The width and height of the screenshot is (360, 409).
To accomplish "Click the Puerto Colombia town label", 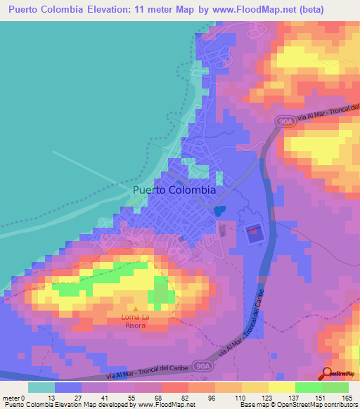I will pos(174,190).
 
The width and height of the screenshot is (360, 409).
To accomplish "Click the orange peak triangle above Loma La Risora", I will pos(136,308).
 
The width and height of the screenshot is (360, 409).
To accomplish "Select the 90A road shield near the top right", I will pos(281,122).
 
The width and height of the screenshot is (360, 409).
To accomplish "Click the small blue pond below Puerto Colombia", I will pos(219,209).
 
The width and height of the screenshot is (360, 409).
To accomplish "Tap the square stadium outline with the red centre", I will pos(252,232).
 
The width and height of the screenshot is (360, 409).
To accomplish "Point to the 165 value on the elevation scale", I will pos(345,398).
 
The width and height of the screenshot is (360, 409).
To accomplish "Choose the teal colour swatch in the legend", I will pos(41,387).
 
